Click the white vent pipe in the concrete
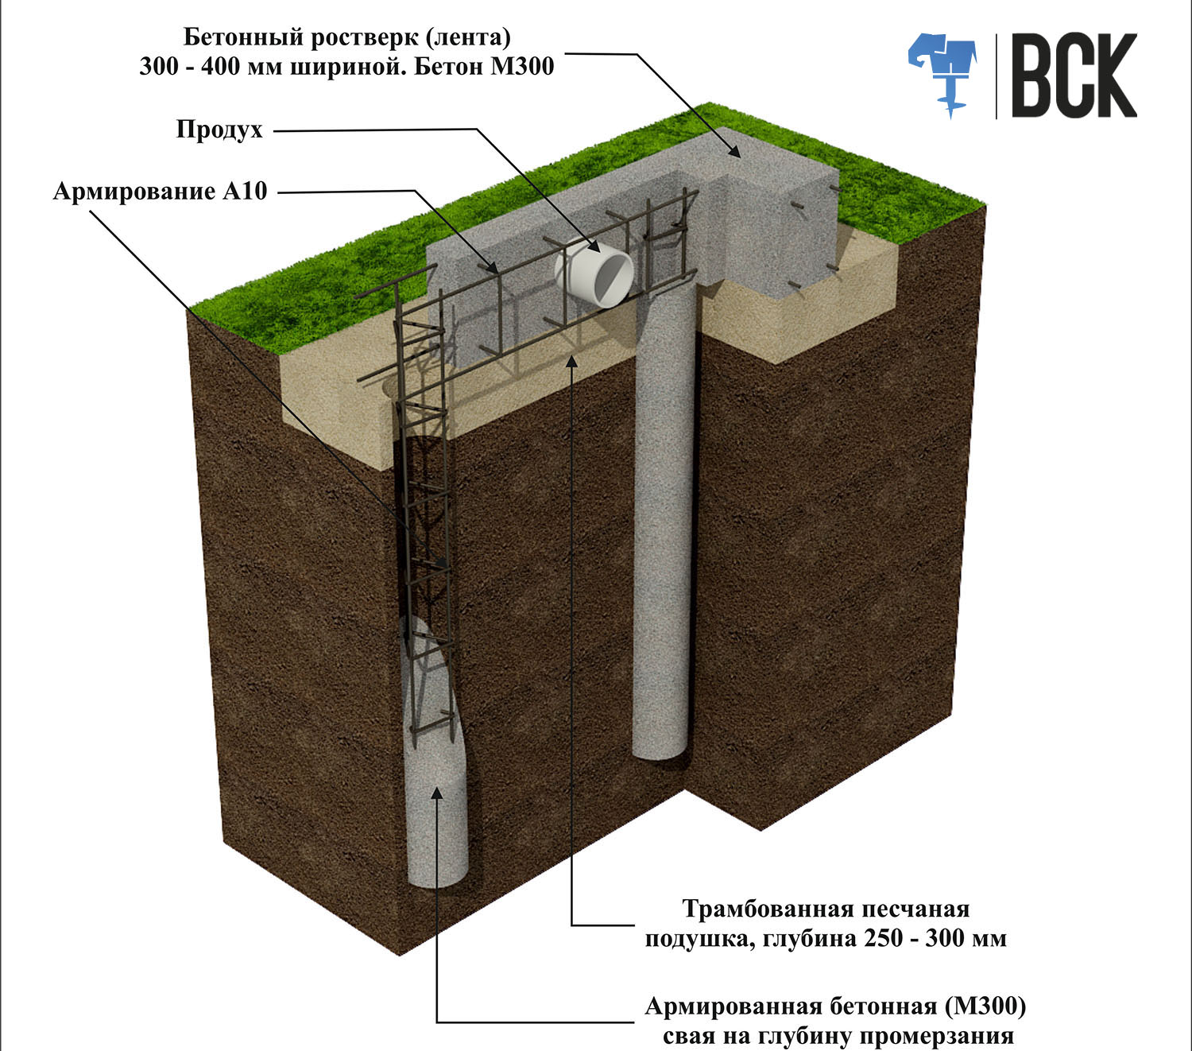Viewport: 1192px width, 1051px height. coord(594,273)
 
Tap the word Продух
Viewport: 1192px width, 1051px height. coord(219,130)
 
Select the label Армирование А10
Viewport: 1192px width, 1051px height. coord(160,192)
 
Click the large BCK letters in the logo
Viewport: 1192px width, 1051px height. coord(1074,76)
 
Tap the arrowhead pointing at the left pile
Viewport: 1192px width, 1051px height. coord(436,793)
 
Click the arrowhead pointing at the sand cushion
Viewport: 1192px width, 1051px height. coord(571,360)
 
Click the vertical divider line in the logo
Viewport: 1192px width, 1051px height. coord(996,76)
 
